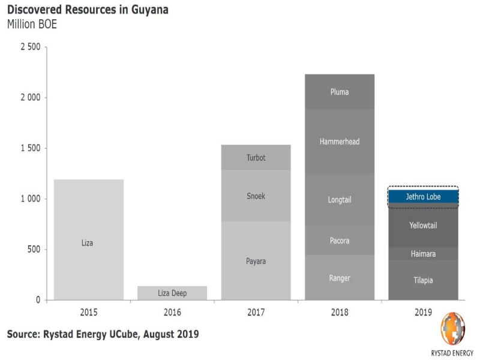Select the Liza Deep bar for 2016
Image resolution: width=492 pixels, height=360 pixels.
click(172, 293)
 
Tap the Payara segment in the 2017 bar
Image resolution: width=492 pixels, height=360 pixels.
click(256, 261)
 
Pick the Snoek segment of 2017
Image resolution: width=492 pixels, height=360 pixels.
click(256, 196)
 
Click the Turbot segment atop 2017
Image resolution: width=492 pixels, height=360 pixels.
click(256, 158)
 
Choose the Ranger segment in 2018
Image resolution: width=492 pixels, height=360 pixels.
click(340, 278)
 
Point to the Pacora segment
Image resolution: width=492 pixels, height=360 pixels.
click(340, 241)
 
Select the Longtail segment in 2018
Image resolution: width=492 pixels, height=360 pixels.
click(340, 200)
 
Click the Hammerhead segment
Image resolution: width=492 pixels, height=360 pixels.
click(340, 142)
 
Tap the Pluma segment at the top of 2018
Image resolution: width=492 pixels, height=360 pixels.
click(340, 92)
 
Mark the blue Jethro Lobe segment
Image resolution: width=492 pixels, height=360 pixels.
click(423, 197)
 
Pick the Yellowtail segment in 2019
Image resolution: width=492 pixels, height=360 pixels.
click(423, 226)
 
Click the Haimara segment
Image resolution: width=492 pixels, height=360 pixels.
click(423, 254)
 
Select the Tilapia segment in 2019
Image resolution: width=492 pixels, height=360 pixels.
click(423, 280)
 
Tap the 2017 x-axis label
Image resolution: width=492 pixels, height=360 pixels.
click(256, 313)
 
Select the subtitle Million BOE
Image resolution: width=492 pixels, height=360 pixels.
click(32, 25)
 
